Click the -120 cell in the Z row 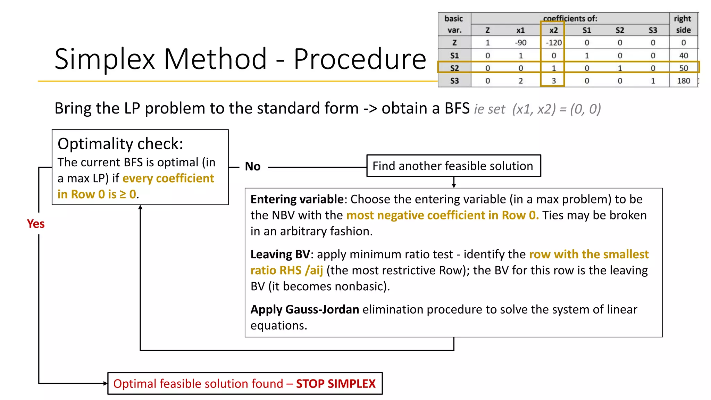click(x=553, y=43)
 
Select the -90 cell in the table click(x=520, y=43)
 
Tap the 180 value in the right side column click(x=683, y=81)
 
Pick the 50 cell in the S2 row click(x=683, y=68)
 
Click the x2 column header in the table click(x=553, y=30)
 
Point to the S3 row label click(x=454, y=81)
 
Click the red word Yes click(x=36, y=224)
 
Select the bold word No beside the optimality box click(x=252, y=166)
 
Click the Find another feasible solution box click(x=453, y=166)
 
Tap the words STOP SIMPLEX click(x=335, y=384)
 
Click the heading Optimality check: click(x=120, y=144)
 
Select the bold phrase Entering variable click(x=297, y=199)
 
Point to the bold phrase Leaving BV click(x=280, y=255)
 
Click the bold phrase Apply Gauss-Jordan click(x=304, y=309)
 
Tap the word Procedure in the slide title click(x=360, y=59)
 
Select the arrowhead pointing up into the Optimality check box click(x=140, y=207)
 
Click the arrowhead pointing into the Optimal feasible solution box click(x=105, y=383)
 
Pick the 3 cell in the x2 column click(x=553, y=81)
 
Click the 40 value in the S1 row click(x=683, y=56)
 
